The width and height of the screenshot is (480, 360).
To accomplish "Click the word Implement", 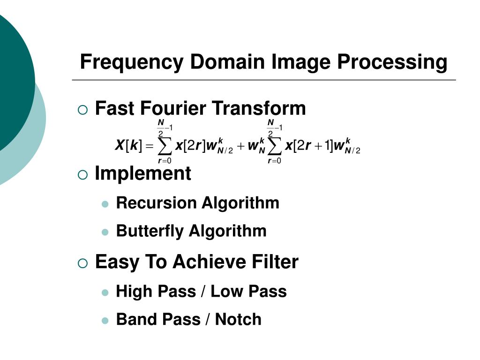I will pyautogui.click(x=143, y=173).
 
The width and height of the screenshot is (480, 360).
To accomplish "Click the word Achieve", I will pyautogui.click(x=205, y=262).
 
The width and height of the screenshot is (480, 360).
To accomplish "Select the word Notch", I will pyautogui.click(x=238, y=320).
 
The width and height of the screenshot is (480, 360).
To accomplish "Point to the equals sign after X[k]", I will pyautogui.click(x=149, y=147).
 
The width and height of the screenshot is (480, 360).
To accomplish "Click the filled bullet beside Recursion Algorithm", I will pyautogui.click(x=105, y=204).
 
